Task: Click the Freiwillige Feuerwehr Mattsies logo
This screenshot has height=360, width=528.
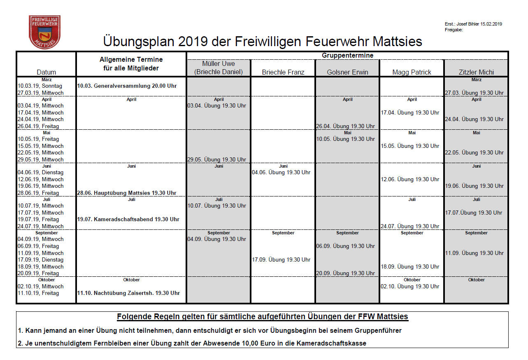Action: (44, 32)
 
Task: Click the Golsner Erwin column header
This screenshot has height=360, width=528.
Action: (347, 72)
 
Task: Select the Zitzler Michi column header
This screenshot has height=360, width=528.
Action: (476, 72)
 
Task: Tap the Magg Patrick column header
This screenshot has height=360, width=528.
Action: (412, 72)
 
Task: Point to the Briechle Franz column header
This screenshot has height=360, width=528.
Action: (283, 72)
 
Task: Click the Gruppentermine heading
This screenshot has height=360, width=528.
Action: (347, 55)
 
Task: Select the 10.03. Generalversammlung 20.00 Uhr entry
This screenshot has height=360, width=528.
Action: (127, 86)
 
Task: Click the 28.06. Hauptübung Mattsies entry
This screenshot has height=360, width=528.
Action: (127, 193)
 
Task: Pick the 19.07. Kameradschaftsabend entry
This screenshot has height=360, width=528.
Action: (128, 219)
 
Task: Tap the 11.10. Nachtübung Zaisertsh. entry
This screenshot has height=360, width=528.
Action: (128, 293)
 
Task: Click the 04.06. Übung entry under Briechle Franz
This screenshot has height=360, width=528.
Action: (281, 172)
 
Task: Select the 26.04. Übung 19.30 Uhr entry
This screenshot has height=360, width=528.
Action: (345, 126)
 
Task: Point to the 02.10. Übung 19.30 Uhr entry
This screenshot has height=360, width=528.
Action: (410, 286)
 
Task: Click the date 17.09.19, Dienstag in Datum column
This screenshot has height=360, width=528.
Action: (40, 260)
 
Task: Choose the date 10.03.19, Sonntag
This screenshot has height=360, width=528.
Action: (40, 86)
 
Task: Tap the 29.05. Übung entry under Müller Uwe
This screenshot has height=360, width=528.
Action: (217, 159)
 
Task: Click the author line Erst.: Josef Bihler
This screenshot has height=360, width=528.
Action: (473, 24)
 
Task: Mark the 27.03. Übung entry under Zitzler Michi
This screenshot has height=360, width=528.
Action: (474, 93)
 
